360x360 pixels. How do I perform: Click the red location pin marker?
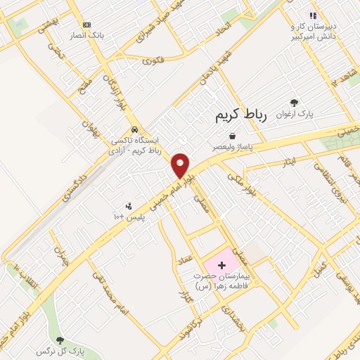181,166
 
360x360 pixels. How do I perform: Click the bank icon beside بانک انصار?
86,25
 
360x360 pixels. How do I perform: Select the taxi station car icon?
134,130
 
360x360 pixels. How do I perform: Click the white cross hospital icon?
222,266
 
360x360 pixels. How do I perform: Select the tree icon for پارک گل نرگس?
59,340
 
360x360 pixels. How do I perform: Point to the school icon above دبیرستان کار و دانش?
314,15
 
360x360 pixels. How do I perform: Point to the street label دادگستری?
75,184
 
